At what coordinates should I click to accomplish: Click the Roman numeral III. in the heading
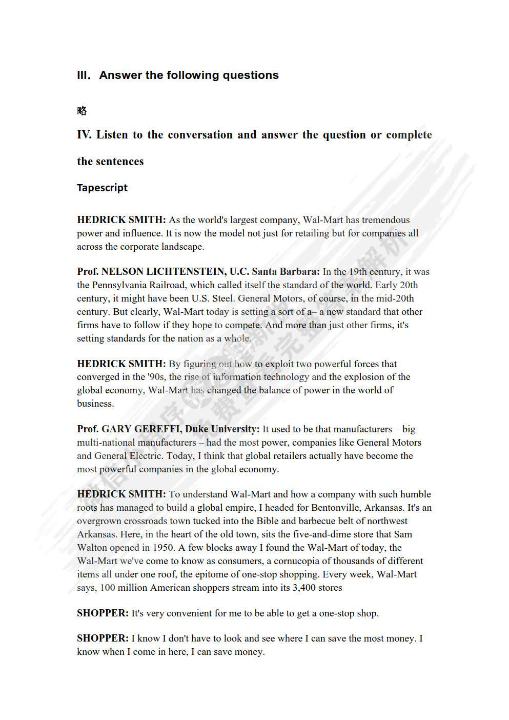(x=84, y=75)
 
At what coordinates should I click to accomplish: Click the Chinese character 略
(x=82, y=111)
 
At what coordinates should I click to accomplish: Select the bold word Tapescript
(x=102, y=188)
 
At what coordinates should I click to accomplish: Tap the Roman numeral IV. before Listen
(x=84, y=135)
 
